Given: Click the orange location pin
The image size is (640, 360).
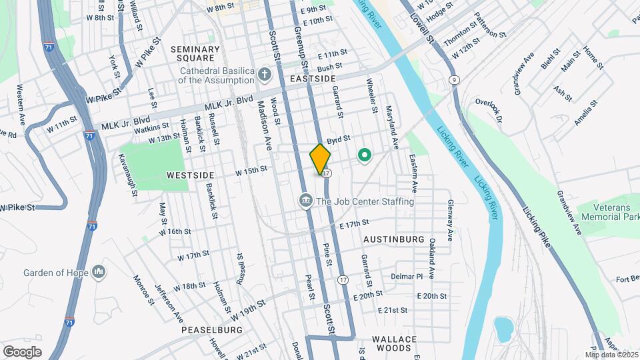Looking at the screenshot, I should tap(320, 159).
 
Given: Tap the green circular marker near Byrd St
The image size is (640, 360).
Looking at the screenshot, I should tap(364, 156).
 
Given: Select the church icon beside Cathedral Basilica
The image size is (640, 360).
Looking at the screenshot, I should tap(265, 73).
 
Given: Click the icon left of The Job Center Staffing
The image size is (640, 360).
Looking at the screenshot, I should tap(306, 200).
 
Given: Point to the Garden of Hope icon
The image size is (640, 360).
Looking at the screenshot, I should tap(99, 271).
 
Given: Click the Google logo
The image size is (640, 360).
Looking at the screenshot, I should tap(22, 351).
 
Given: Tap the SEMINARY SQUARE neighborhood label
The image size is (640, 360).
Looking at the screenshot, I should tap(195, 53).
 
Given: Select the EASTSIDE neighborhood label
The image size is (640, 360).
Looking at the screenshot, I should tap(313, 79).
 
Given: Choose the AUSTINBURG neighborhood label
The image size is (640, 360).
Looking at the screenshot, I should tap(394, 239).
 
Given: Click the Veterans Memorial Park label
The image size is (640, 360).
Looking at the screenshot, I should tap(605, 212).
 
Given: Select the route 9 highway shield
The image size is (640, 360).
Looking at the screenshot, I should tap(453, 80).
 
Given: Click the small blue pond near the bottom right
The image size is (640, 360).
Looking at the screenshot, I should tap(502, 330).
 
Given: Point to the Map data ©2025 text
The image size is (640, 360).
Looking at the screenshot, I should tap(611, 354).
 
